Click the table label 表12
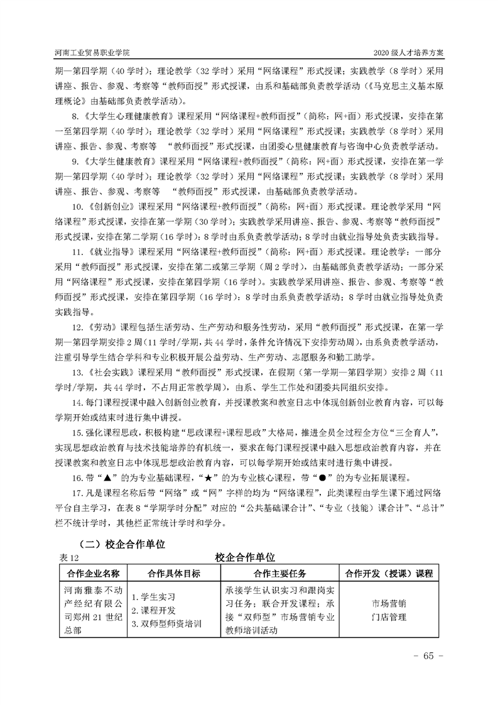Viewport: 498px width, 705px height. click(67, 557)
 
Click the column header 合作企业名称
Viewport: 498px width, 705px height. click(93, 573)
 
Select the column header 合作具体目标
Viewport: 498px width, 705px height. click(174, 573)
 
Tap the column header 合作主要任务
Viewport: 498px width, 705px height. click(279, 573)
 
